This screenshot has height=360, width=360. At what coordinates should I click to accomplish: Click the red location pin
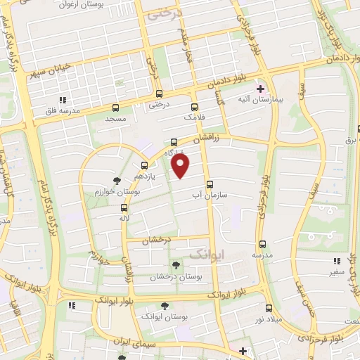point(181,166)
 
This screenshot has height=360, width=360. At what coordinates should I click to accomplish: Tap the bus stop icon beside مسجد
point(116,108)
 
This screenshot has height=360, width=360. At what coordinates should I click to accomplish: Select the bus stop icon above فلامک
point(194,108)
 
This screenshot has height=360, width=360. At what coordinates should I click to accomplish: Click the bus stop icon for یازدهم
point(144,166)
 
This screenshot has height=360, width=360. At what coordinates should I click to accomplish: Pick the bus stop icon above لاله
point(124,207)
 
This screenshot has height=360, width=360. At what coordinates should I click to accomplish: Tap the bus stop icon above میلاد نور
point(269,308)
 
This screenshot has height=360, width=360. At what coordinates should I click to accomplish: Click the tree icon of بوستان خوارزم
point(117,181)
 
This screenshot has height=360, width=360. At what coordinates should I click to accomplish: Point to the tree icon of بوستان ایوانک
point(165,306)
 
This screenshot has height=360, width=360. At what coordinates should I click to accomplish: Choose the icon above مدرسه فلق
point(63,100)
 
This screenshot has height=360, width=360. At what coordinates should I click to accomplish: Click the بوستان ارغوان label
point(99,6)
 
